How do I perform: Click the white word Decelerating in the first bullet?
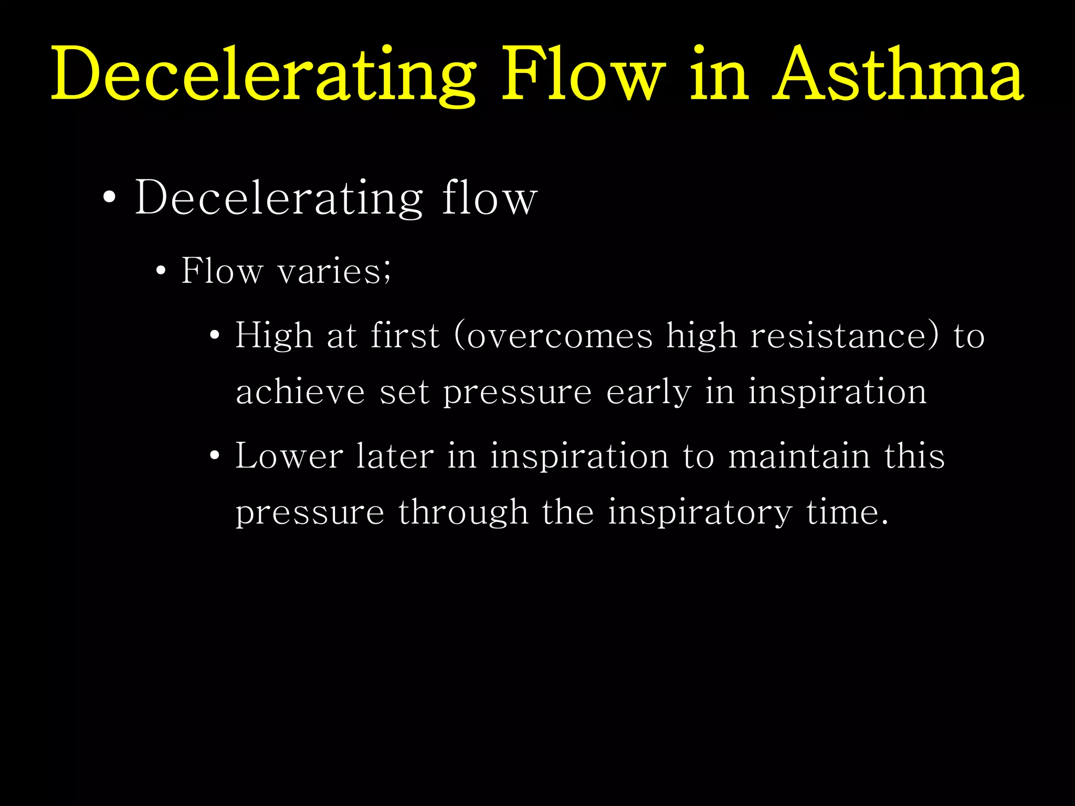coord(279,198)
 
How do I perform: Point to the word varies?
coord(331,272)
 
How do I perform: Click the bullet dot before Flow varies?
coord(161,272)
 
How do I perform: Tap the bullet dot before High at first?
coord(214,336)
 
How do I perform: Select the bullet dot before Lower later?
coord(214,456)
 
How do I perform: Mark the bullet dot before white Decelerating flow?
coord(109,198)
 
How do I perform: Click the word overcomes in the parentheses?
coord(560,336)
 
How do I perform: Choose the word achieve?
coord(300,392)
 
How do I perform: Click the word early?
coord(649,392)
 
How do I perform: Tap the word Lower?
coord(289,456)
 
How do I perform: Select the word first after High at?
coord(404,336)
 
